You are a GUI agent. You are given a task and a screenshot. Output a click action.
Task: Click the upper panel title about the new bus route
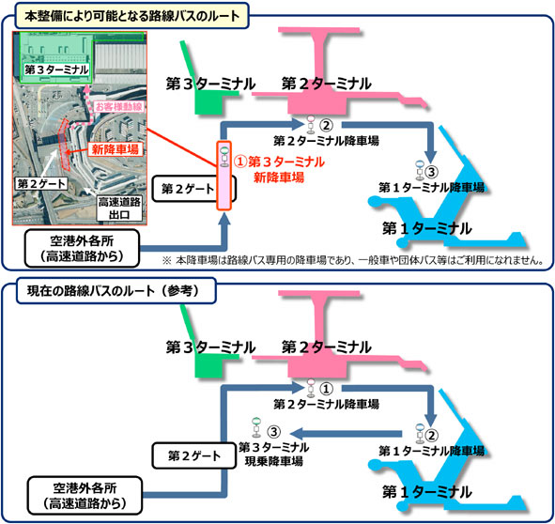(132, 16)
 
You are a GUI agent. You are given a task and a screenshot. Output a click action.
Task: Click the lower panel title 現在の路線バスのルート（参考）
(116, 291)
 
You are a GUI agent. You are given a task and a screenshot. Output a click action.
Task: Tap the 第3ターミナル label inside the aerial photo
(56, 69)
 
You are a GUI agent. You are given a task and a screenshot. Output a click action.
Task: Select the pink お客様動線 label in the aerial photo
(118, 106)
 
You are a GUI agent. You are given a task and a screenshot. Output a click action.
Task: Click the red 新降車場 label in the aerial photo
(115, 149)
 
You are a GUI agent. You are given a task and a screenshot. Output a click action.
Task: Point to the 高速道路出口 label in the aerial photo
(119, 208)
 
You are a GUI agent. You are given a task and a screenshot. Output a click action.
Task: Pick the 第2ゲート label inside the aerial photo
(41, 183)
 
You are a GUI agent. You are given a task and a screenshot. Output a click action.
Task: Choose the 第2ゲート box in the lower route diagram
(194, 455)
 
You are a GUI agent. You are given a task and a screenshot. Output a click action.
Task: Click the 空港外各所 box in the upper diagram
(82, 248)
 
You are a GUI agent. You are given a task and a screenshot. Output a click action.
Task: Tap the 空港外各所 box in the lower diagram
(85, 495)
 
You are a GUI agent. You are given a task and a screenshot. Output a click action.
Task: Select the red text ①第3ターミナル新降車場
(279, 169)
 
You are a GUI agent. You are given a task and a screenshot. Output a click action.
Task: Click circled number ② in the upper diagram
(326, 125)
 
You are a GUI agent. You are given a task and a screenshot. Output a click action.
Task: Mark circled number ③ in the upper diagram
(431, 172)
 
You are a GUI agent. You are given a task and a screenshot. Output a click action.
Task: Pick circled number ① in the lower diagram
(326, 389)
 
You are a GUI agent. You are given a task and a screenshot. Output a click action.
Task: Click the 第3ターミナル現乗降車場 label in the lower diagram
(274, 455)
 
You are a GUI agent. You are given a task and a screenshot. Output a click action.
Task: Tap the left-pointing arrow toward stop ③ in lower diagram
(346, 434)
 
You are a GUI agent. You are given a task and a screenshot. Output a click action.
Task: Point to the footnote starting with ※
(353, 260)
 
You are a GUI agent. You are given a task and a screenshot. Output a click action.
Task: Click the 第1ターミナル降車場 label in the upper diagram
(431, 187)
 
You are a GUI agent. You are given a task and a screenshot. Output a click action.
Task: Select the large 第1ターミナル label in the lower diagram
(427, 492)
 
